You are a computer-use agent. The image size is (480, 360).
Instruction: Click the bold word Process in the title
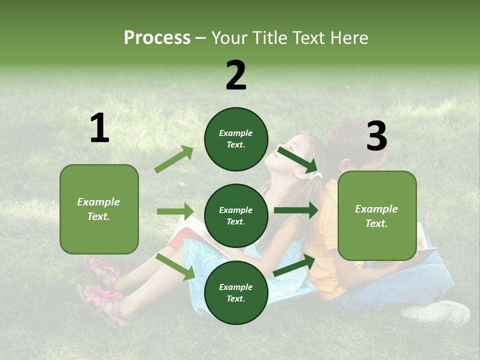[157, 37]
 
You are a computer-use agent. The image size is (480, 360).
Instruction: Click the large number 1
[99, 128]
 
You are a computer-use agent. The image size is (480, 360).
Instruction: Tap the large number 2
[236, 75]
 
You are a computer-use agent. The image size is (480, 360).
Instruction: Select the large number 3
[376, 136]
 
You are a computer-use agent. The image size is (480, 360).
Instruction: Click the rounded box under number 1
[99, 209]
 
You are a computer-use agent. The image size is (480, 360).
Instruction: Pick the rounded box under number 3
[377, 215]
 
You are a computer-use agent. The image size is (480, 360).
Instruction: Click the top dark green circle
[236, 139]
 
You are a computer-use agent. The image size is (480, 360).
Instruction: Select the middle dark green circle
[236, 215]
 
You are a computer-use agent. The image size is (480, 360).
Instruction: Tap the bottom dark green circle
[236, 292]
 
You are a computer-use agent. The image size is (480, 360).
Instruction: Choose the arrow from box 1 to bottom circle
[175, 266]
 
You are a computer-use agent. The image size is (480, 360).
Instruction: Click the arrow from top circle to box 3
[297, 159]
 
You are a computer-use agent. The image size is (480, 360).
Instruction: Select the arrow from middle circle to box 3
[295, 210]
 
